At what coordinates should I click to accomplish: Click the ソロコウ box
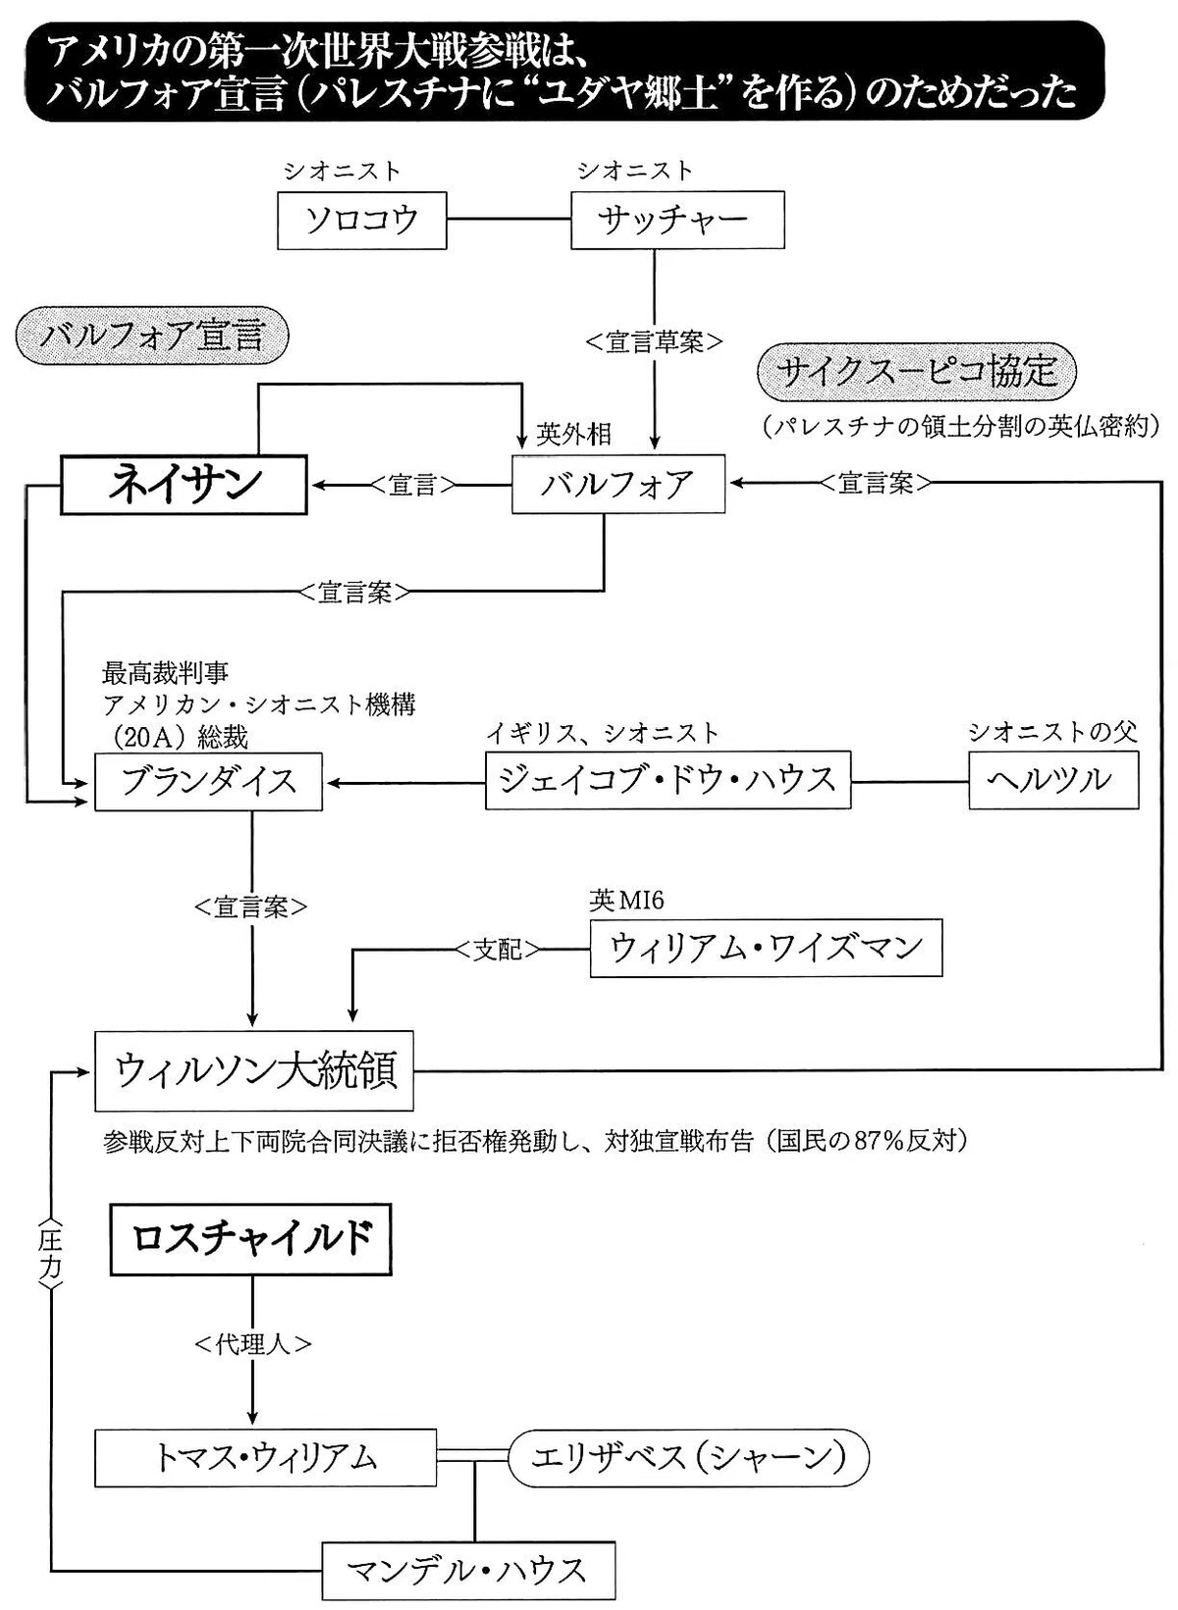361,220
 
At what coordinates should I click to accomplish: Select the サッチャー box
677,219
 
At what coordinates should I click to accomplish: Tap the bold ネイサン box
185,485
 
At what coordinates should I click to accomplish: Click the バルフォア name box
617,484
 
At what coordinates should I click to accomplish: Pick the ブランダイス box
208,781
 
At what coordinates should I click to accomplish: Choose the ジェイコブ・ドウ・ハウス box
669,781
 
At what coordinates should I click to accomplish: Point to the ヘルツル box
1053,780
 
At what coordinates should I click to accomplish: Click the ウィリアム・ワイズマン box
766,948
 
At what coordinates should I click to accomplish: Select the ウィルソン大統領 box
254,1071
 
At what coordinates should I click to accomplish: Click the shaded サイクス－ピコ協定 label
917,372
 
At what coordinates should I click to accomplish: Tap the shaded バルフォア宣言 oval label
152,336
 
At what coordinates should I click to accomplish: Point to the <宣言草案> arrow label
655,342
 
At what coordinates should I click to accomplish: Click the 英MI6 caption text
626,900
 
